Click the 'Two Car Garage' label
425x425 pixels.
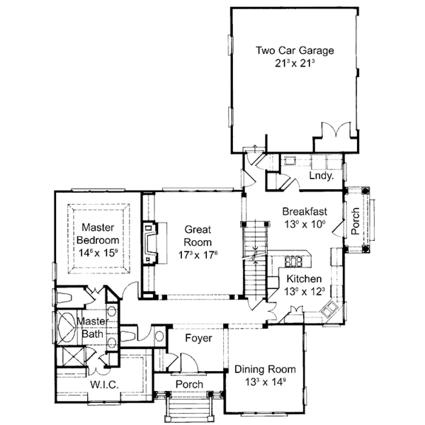[294, 50]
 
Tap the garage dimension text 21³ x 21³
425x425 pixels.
[294, 64]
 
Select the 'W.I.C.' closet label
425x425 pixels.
[103, 385]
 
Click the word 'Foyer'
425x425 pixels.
[198, 339]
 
